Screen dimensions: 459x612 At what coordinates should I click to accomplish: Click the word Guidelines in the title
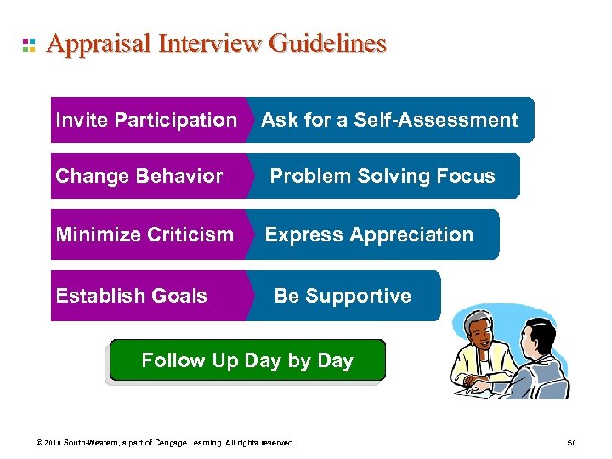[x=327, y=44]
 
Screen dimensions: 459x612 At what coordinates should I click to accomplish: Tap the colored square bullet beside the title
[x=28, y=45]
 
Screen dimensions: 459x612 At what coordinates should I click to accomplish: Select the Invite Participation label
[x=146, y=120]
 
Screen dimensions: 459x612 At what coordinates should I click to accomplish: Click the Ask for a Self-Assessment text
[x=389, y=120]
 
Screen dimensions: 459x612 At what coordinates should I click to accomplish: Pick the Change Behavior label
[x=139, y=176]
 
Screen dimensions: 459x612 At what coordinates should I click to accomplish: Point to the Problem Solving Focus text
[x=382, y=176]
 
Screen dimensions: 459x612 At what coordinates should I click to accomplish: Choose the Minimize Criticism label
[x=144, y=235]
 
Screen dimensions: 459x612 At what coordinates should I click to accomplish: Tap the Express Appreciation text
[x=369, y=235]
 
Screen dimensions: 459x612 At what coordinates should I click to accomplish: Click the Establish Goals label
[x=132, y=296]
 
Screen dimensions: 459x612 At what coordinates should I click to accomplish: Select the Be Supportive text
[x=343, y=296]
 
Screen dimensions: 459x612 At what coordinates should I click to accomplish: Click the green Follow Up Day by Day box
[x=247, y=360]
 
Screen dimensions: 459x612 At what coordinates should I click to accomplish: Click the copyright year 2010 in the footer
[x=53, y=443]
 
